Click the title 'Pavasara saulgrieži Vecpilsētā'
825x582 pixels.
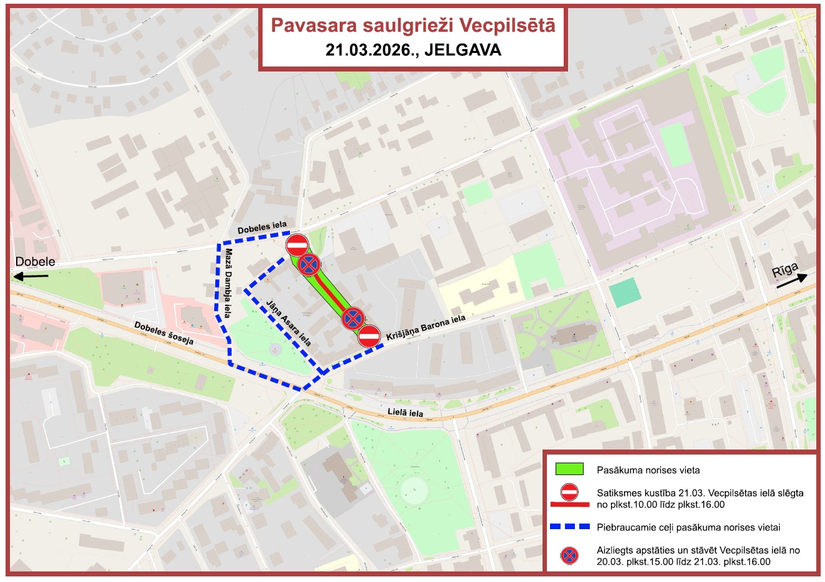pos(412,25)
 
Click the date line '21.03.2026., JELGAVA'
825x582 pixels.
pos(412,50)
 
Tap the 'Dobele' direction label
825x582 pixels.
pos(35,262)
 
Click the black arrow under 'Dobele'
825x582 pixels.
pos(32,275)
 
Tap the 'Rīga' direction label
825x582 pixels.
pos(785,271)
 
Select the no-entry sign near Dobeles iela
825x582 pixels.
pos(297,244)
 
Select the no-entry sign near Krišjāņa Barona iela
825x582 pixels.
pos(370,336)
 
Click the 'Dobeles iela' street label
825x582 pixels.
pos(262,228)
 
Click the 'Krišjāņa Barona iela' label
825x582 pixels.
pos(426,328)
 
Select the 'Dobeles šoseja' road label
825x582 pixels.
pos(164,333)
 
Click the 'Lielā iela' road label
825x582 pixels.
pos(405,413)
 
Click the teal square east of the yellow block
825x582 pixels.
pos(625,292)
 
